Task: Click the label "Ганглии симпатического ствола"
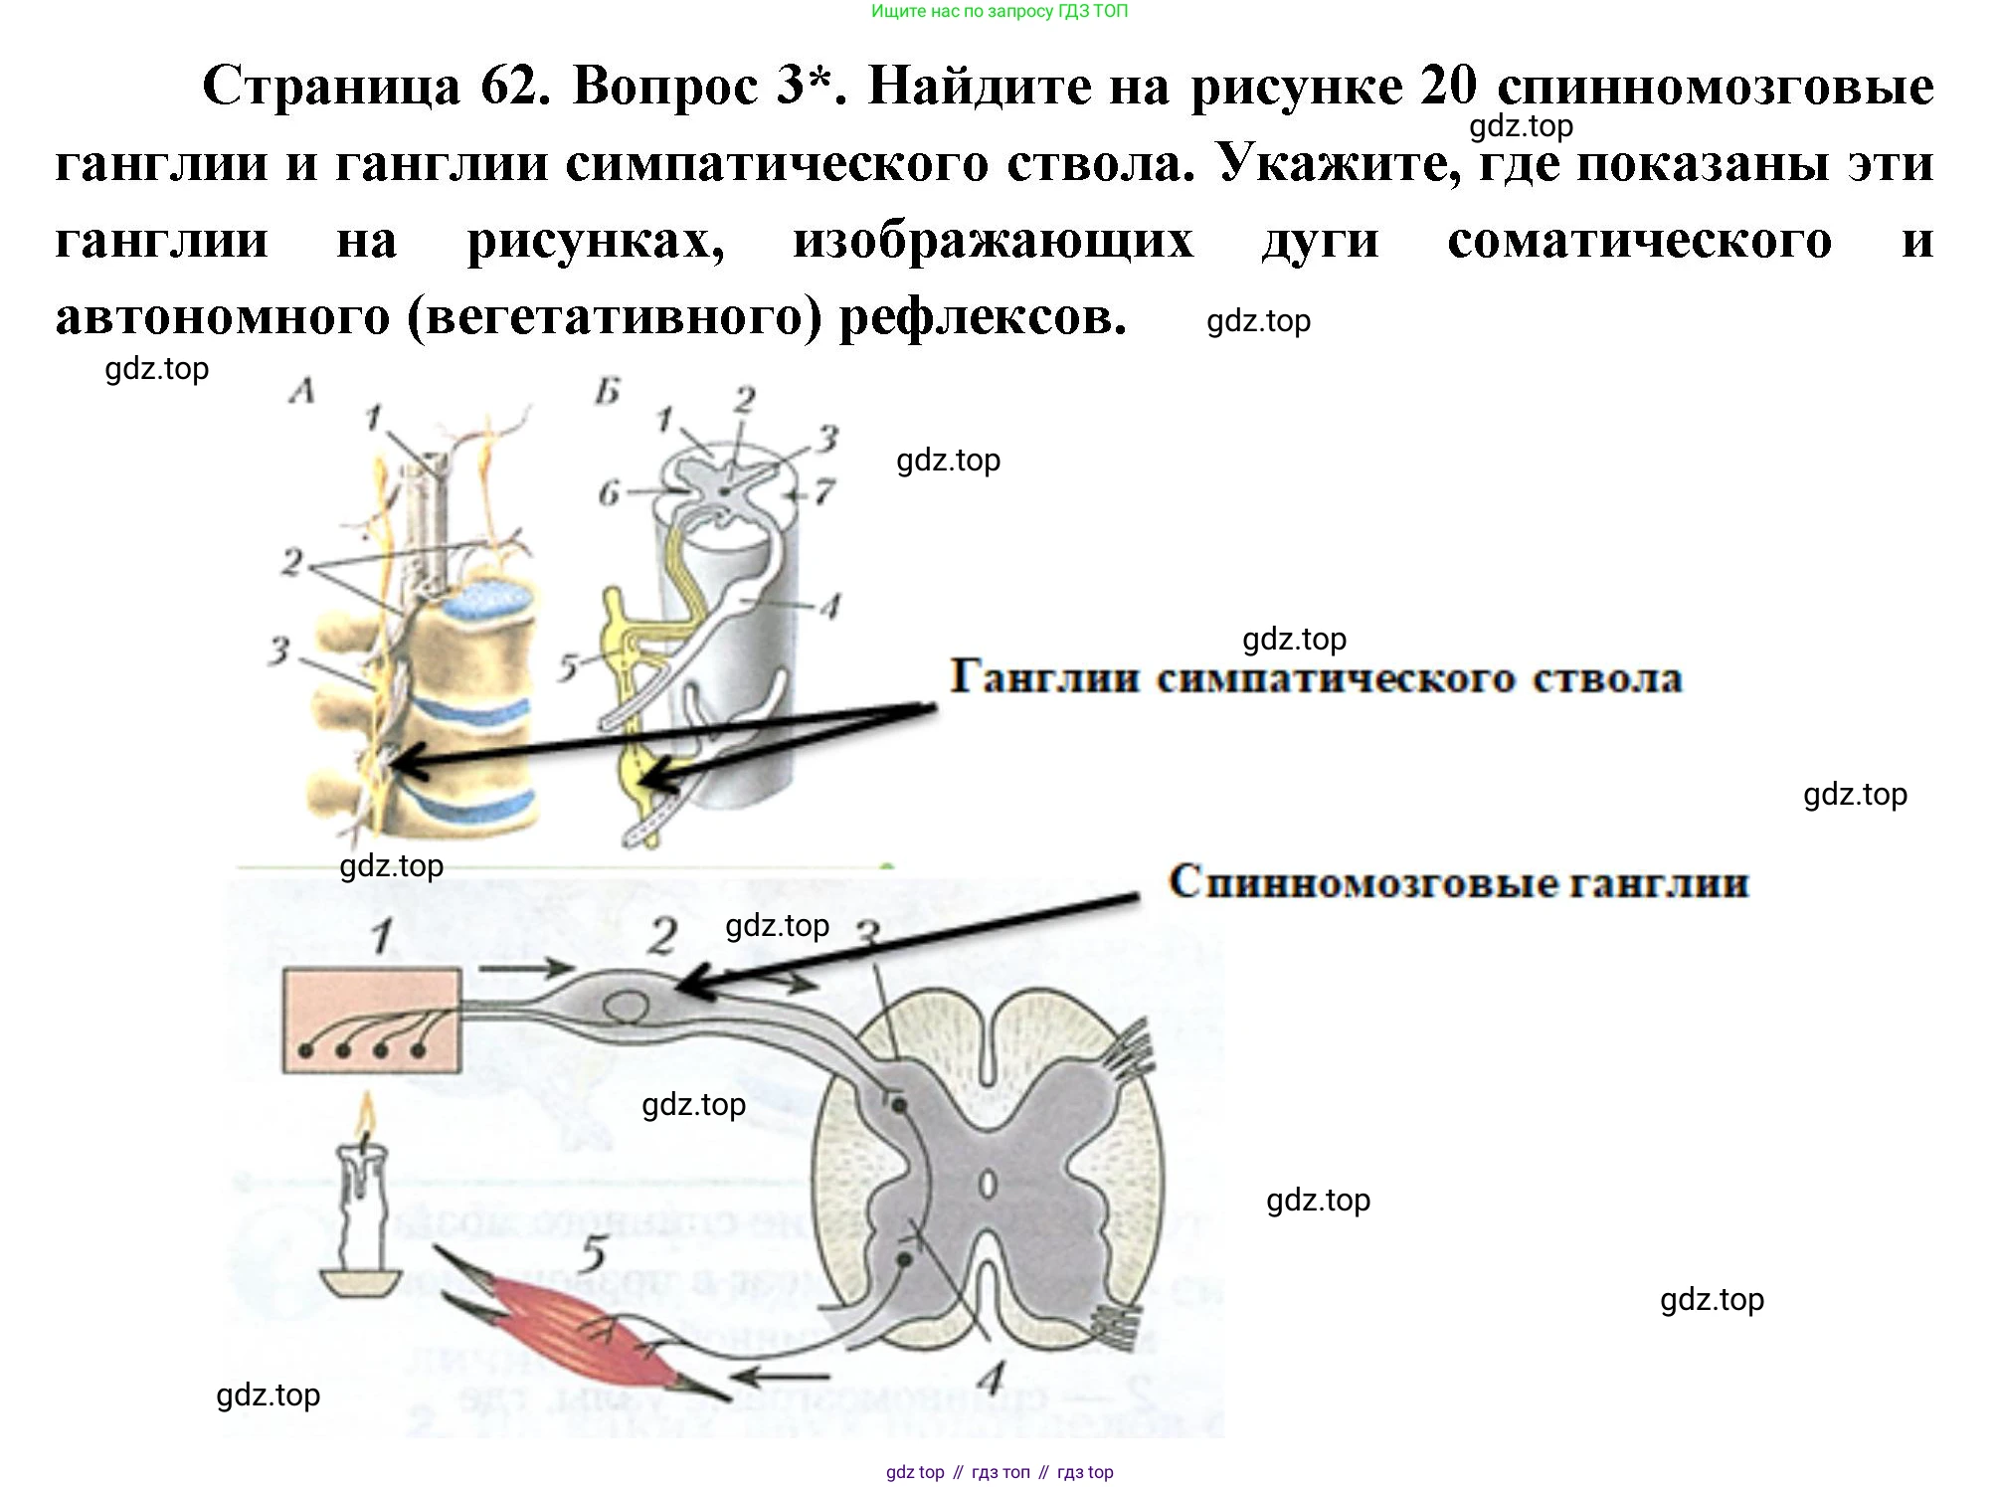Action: (1316, 678)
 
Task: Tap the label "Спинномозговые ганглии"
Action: (1458, 882)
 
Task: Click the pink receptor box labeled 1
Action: (371, 1020)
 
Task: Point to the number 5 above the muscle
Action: (594, 1253)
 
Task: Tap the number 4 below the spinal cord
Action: (991, 1378)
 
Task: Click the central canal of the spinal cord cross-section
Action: (987, 1185)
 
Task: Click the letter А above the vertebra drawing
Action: (302, 391)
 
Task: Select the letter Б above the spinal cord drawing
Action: (607, 393)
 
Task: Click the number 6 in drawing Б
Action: (609, 492)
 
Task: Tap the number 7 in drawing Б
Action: (824, 491)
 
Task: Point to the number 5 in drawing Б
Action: (568, 666)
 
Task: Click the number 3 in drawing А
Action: (279, 651)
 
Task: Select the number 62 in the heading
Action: (513, 87)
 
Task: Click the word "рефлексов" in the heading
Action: (983, 317)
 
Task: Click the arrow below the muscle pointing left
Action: (781, 1378)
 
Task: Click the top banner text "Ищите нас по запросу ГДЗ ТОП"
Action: (1000, 12)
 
